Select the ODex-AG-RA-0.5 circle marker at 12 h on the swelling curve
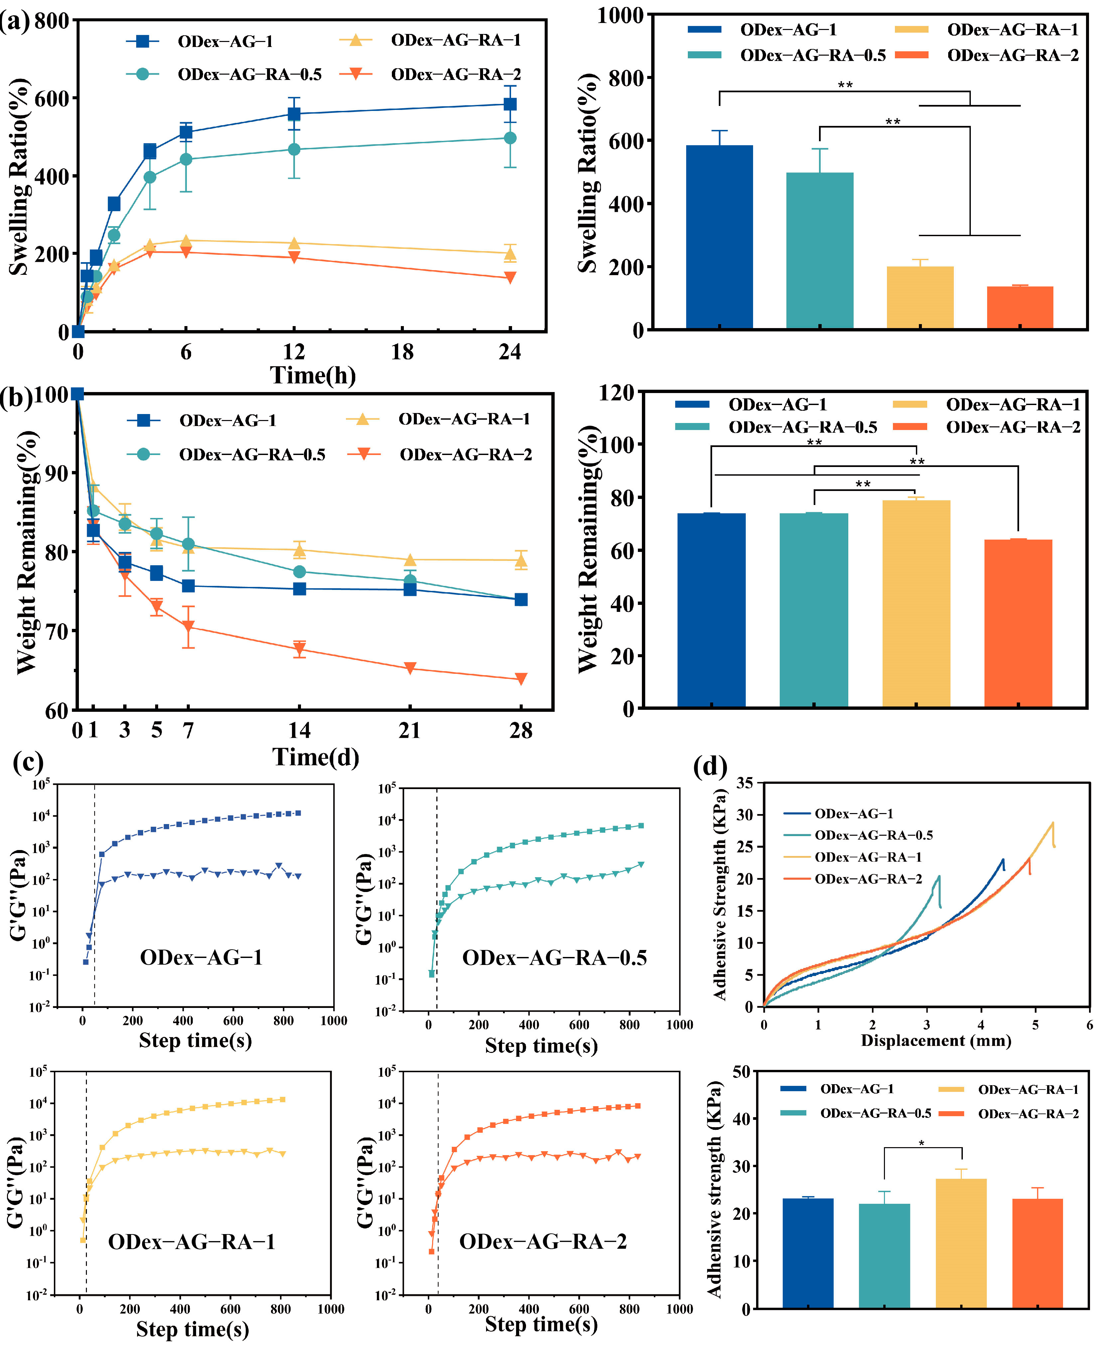(293, 149)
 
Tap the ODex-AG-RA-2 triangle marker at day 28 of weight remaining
(521, 679)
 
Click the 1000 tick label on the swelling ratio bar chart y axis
(620, 15)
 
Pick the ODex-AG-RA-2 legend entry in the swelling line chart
(455, 75)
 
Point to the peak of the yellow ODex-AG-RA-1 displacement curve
(1052, 823)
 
